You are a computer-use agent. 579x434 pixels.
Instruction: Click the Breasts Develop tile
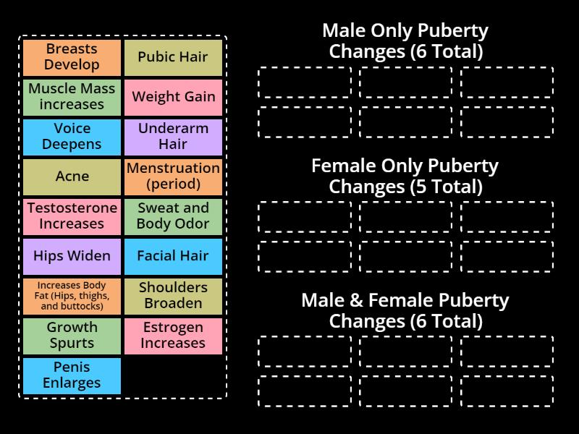coord(72,57)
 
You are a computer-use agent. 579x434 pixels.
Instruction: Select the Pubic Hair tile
coord(173,57)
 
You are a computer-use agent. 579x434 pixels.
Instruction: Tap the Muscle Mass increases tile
coord(72,97)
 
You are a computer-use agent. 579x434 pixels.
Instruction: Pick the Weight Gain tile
coord(173,97)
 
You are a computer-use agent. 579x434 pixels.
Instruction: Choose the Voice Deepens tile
coord(72,137)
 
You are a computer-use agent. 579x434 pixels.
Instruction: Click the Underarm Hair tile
coord(173,137)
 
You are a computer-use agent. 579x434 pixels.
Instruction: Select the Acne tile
coord(72,176)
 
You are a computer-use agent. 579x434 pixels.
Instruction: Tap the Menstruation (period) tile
coord(173,176)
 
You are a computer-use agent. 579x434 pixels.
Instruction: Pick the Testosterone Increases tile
coord(72,216)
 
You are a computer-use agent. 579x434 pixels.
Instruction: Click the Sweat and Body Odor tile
coord(173,216)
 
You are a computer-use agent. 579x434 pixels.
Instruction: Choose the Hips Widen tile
coord(72,256)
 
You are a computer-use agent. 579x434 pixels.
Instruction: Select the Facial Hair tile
coord(173,256)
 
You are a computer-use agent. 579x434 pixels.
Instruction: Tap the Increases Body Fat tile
coord(72,296)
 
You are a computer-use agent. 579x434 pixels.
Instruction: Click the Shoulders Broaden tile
coord(173,296)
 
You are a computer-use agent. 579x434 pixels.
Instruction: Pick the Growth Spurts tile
coord(72,336)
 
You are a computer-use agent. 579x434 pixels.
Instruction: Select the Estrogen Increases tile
coord(173,336)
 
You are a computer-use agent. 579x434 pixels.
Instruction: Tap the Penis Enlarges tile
coord(72,375)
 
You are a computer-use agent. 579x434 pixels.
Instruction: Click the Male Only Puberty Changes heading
coord(405,41)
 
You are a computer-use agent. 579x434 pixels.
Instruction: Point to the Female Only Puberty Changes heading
coord(405,176)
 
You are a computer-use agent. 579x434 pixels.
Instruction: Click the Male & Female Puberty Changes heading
coord(405,310)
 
